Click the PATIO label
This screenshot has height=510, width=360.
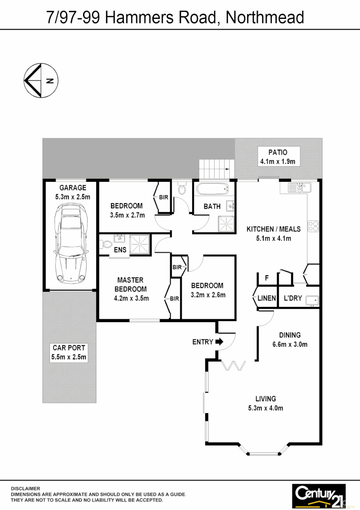[x=277, y=152]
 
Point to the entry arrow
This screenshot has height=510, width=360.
[x=219, y=342]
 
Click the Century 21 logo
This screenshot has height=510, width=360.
[x=319, y=495]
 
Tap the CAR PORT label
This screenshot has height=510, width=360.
[x=69, y=348]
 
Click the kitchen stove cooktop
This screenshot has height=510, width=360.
[x=313, y=226]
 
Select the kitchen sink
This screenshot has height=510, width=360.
[x=295, y=188]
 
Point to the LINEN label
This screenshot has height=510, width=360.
[x=267, y=298]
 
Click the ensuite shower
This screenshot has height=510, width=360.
[x=140, y=244]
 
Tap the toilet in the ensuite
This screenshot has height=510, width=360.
[x=107, y=245]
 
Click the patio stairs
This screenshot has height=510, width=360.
[x=217, y=169]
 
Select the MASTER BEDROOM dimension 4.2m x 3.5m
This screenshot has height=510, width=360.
[x=131, y=298]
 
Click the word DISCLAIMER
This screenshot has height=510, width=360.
[x=25, y=488]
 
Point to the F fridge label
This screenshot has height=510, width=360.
[x=267, y=278]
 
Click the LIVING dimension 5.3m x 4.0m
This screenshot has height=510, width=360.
[x=266, y=408]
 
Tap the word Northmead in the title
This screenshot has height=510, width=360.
[x=265, y=17]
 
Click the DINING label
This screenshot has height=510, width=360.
[x=290, y=335]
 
